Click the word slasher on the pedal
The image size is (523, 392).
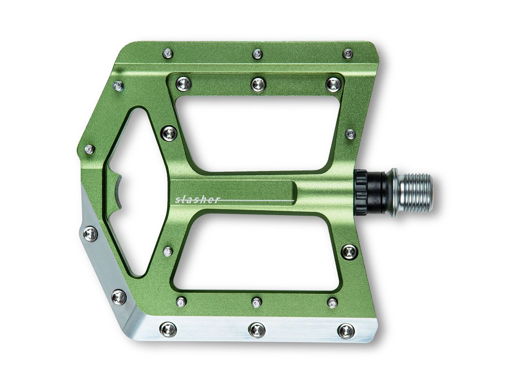point(197,200)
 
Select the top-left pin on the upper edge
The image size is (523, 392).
point(168,53)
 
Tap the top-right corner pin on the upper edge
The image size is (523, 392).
point(348,53)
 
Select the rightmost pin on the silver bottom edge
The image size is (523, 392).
point(346,331)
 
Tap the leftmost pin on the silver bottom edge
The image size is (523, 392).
point(168,330)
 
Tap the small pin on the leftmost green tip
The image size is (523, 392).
point(89,149)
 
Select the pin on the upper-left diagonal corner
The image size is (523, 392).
point(118,86)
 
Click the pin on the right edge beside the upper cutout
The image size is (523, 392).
point(350,134)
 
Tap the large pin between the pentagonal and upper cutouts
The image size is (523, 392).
point(169,133)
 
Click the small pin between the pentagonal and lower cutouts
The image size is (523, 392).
point(168,252)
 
